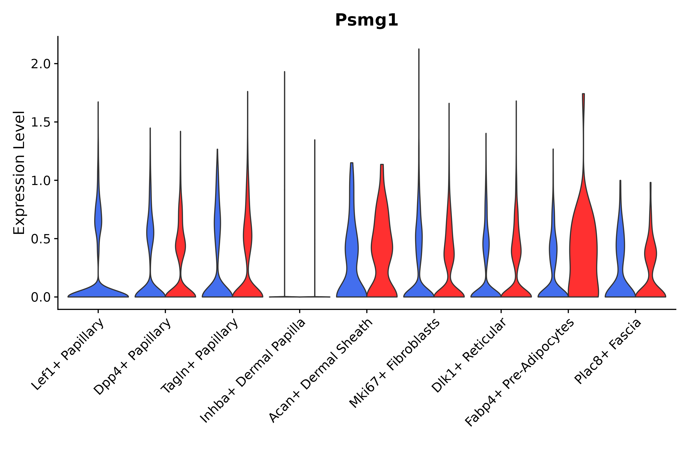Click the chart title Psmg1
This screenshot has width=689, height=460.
point(366,20)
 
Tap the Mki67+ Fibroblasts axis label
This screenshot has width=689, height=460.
point(395,363)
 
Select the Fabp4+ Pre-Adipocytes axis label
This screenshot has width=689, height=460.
point(520,373)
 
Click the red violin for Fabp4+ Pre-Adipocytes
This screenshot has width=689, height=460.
point(583,249)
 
